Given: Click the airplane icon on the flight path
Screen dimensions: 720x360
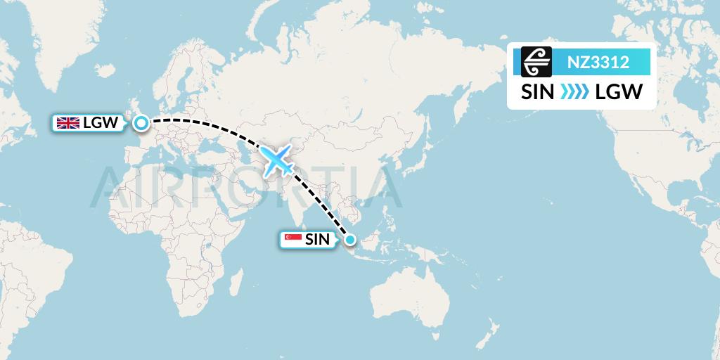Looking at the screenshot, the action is (277, 161).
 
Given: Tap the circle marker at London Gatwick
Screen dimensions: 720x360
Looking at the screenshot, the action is (141, 124).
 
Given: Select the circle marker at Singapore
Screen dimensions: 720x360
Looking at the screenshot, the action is (349, 240).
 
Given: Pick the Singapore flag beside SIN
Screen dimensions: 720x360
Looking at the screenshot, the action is (292, 240).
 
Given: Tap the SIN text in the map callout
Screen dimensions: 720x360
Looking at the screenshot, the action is (316, 240).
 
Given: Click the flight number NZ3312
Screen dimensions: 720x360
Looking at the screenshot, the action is (598, 62).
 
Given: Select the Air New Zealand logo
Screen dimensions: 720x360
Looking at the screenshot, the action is (536, 62).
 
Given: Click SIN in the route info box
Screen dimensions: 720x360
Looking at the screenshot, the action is (536, 92).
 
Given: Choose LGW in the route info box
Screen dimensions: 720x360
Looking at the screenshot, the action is (619, 92).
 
